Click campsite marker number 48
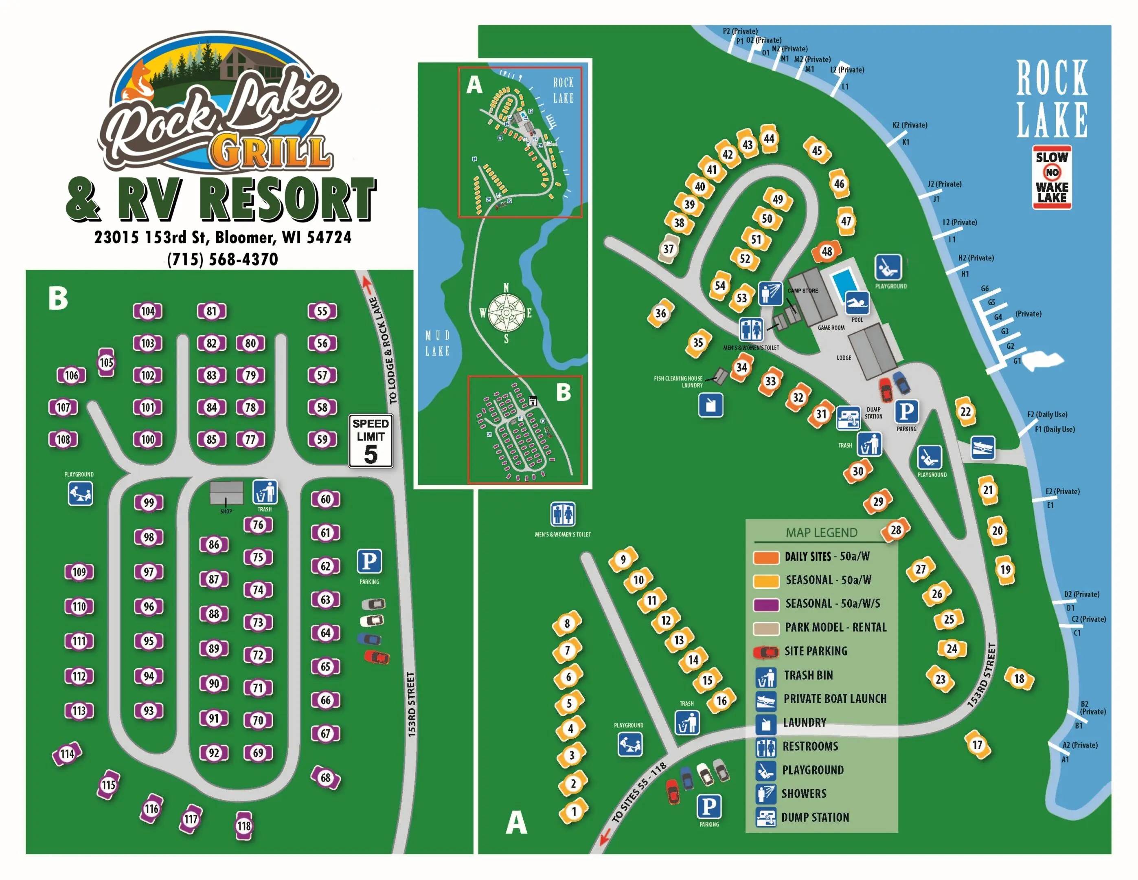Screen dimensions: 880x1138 tap(827, 252)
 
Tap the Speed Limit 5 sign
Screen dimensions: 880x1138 tap(371, 440)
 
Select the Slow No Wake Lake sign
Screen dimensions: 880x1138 tap(1052, 177)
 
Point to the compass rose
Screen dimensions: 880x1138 tap(506, 313)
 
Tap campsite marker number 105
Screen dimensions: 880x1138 tap(106, 362)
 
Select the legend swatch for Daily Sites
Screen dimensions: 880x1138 tap(765, 557)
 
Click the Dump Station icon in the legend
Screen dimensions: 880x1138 tap(765, 817)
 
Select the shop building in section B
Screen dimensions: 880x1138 tap(226, 493)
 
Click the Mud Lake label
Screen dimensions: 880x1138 tap(437, 343)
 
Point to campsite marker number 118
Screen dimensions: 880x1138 tap(244, 826)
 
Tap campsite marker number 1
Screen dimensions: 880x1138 tap(574, 811)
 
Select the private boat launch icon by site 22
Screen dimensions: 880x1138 tap(983, 448)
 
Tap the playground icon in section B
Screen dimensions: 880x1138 tap(80, 493)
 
